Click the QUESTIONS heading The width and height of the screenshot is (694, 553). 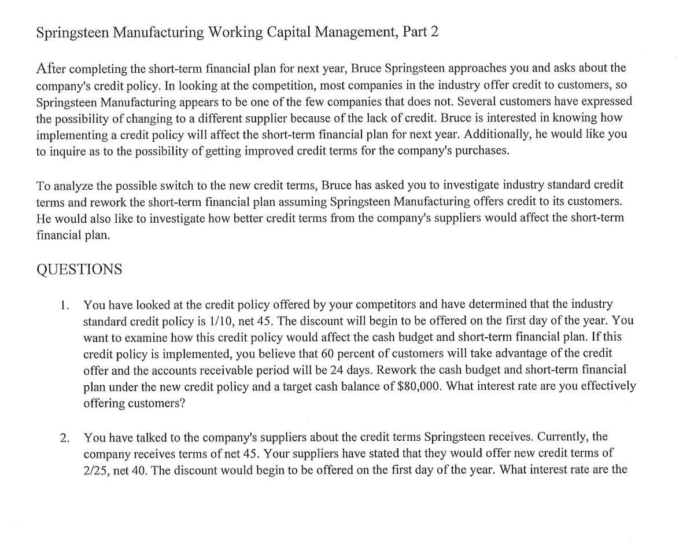tap(79, 270)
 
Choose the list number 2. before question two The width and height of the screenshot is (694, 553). tap(65, 437)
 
